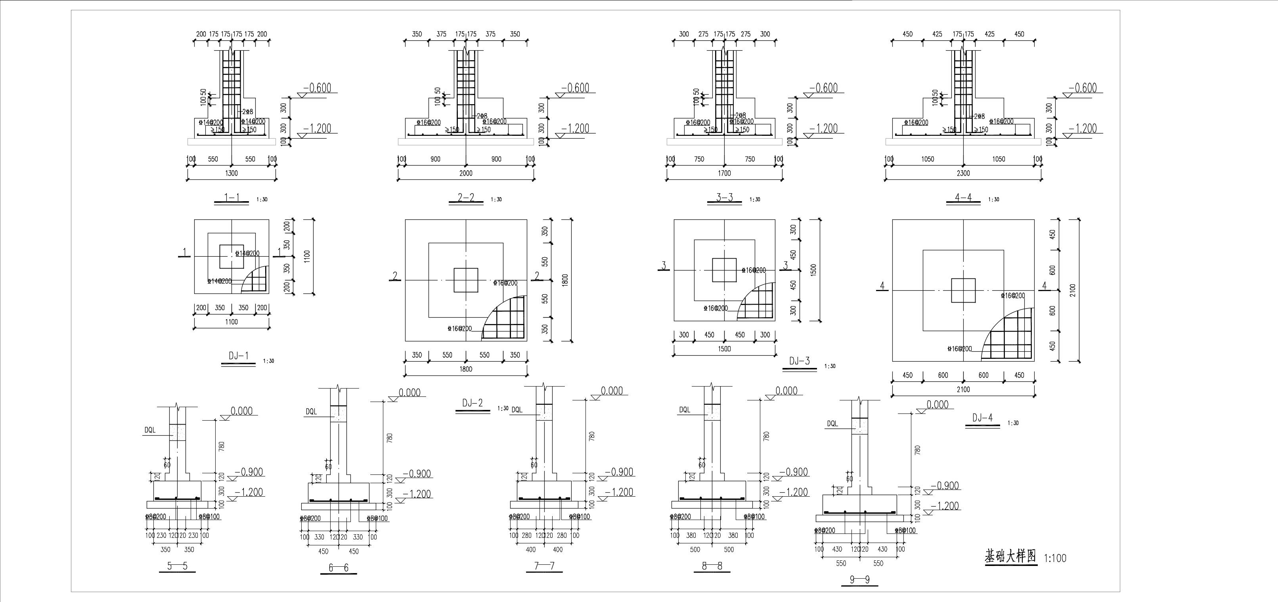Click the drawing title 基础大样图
coord(1010,557)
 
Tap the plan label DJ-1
coord(238,356)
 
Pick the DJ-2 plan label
coord(472,403)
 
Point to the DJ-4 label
coord(982,418)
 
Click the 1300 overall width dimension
coord(231,173)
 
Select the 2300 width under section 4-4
coord(963,173)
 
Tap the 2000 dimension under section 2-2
coord(466,173)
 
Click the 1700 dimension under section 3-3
coord(724,173)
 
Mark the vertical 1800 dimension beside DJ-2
coord(565,280)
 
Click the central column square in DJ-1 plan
coord(231,256)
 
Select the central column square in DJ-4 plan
coord(963,291)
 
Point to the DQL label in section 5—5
coord(150,430)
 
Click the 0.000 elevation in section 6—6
coord(409,393)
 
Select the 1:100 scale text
coord(1055,558)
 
